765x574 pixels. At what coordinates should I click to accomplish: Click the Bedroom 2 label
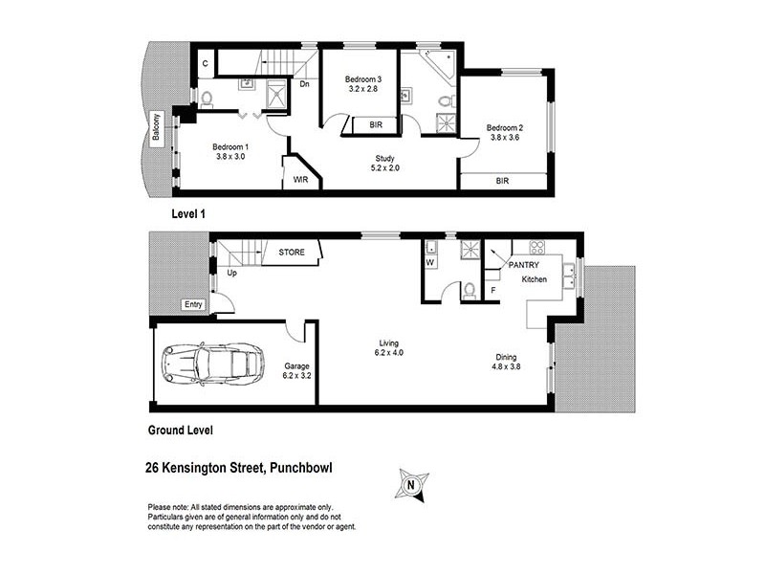(504, 132)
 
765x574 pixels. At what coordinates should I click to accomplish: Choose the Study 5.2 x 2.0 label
(385, 164)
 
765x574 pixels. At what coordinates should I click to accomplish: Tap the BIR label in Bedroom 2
(502, 180)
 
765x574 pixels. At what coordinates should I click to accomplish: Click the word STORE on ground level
(292, 253)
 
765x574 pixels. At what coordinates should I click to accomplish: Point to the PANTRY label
(524, 264)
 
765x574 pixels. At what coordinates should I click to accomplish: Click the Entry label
(192, 305)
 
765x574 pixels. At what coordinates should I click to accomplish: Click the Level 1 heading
(188, 213)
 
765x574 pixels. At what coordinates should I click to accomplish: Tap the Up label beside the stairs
(231, 274)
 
